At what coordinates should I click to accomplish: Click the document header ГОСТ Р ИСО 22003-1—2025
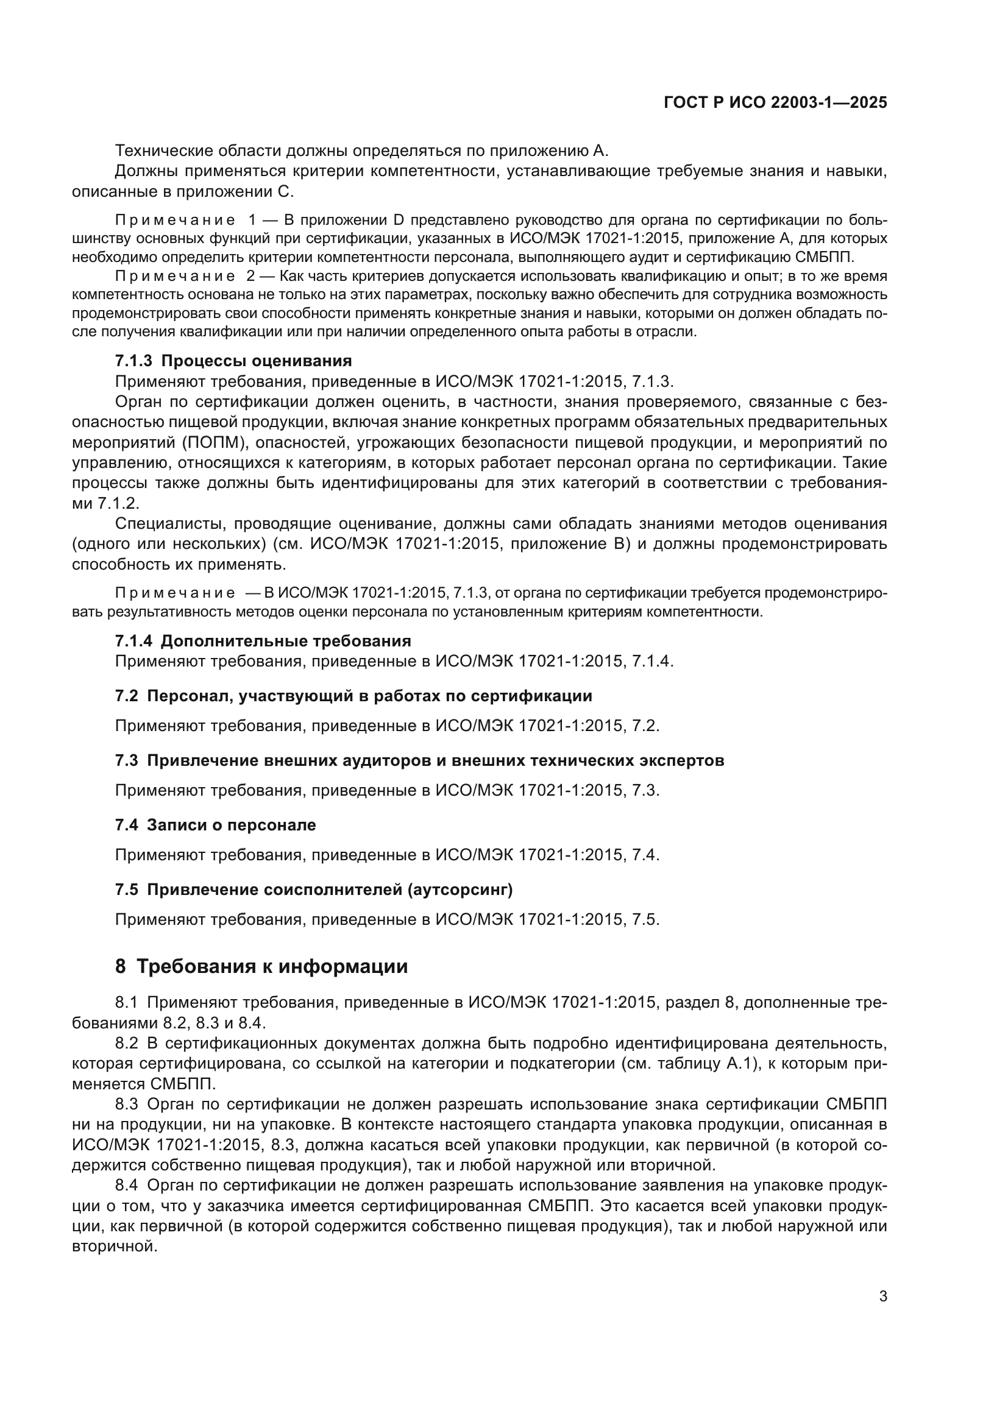click(775, 103)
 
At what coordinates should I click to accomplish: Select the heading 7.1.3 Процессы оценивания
click(233, 361)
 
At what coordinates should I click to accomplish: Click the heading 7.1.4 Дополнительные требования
click(263, 640)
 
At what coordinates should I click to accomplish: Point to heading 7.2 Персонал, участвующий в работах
click(353, 696)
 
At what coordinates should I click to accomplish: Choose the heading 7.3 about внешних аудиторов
click(419, 760)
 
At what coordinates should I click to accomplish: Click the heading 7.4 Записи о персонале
click(215, 825)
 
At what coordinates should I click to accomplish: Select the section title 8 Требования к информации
click(261, 966)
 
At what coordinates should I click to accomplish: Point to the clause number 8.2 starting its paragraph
click(127, 1043)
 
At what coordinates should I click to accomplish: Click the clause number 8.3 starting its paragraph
click(127, 1104)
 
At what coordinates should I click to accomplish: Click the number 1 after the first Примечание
click(251, 221)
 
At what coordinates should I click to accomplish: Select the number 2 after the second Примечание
click(251, 276)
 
